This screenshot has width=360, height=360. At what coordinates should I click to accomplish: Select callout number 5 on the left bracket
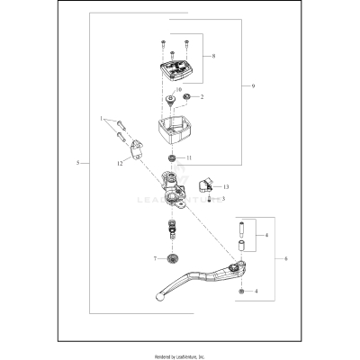[x=80, y=163]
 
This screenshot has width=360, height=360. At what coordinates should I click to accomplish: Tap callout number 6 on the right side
[x=287, y=257]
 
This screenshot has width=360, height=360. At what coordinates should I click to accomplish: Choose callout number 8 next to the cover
[x=212, y=57]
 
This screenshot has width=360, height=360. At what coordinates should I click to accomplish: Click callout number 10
[x=178, y=91]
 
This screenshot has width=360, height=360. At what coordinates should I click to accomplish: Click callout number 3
[x=223, y=198]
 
